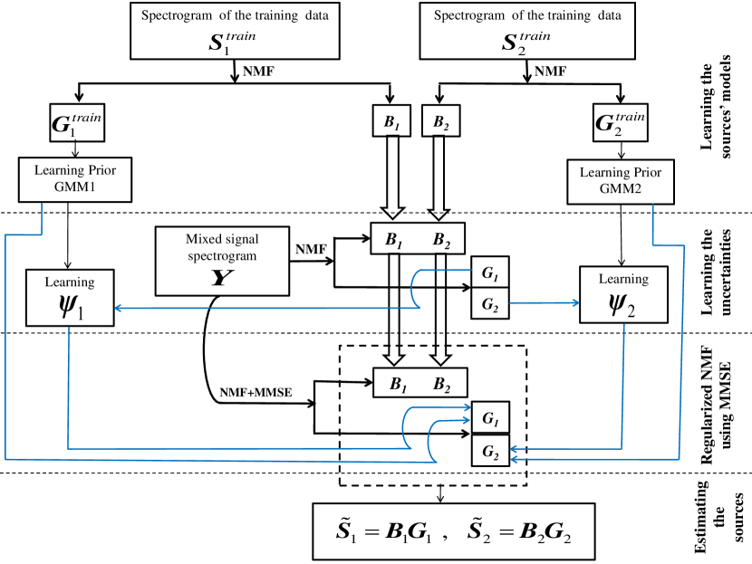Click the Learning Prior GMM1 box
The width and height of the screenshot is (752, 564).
point(75,177)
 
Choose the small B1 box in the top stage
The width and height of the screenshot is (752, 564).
point(391,122)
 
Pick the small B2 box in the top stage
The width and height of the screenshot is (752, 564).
point(439,122)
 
